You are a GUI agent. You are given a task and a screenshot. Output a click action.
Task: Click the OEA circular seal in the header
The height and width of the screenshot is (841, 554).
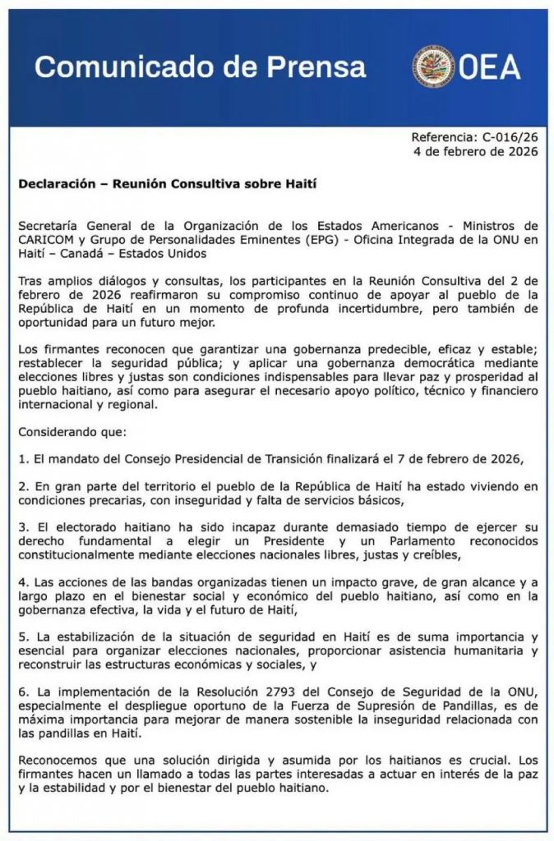(433, 67)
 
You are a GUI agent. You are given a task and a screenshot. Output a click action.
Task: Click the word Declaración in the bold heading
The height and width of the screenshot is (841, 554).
(56, 184)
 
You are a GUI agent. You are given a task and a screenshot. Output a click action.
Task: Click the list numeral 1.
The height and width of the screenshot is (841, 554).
(23, 457)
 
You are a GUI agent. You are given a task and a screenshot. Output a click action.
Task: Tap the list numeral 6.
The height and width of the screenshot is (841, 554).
(23, 692)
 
